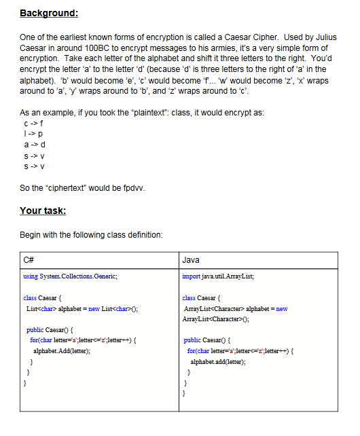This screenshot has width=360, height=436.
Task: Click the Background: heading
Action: coord(49,13)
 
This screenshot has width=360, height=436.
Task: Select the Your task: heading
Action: coord(43,211)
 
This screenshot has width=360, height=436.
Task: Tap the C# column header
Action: coord(29,260)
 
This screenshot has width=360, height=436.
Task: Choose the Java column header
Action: coord(191,260)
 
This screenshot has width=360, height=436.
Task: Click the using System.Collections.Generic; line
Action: coord(71,276)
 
